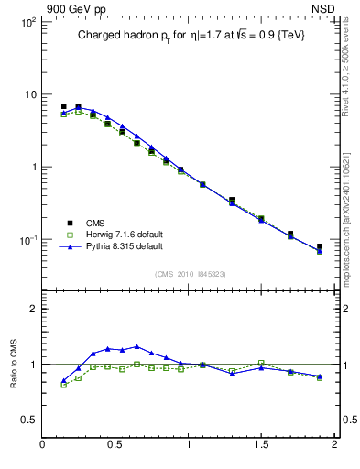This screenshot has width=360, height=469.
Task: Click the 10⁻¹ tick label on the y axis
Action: pyautogui.click(x=26, y=240)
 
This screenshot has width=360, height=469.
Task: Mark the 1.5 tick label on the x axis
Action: pyautogui.click(x=261, y=446)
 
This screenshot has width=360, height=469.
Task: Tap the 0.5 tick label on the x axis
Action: pyautogui.click(x=115, y=446)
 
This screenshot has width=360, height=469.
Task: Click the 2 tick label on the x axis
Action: pyautogui.click(x=333, y=446)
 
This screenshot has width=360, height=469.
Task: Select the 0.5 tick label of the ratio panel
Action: pyautogui.click(x=27, y=420)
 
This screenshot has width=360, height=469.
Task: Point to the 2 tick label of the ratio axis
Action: pyautogui.click(x=32, y=309)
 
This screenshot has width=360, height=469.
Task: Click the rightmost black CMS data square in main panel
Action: pyautogui.click(x=320, y=246)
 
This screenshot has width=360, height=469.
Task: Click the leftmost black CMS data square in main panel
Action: pyautogui.click(x=63, y=106)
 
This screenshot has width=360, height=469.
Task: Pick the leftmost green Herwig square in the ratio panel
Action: pyautogui.click(x=63, y=385)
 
